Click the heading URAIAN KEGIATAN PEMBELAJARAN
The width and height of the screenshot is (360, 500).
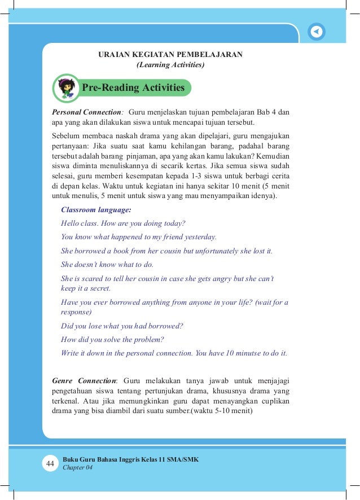[x=170, y=55]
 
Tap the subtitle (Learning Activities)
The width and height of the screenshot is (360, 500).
[x=170, y=65]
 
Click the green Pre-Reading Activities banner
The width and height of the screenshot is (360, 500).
[x=133, y=88]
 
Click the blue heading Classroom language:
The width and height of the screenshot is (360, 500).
[x=96, y=209]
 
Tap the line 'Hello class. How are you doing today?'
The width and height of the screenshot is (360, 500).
[x=123, y=223]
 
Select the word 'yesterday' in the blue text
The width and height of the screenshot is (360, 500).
[x=199, y=237]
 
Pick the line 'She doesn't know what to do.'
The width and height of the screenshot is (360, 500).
[x=107, y=264]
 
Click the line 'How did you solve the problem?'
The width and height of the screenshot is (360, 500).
[x=112, y=339]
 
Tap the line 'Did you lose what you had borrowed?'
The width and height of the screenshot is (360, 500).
[x=122, y=326]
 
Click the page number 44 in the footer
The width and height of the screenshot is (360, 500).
[x=50, y=463]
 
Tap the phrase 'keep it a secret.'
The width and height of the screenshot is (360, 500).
[x=86, y=288]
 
